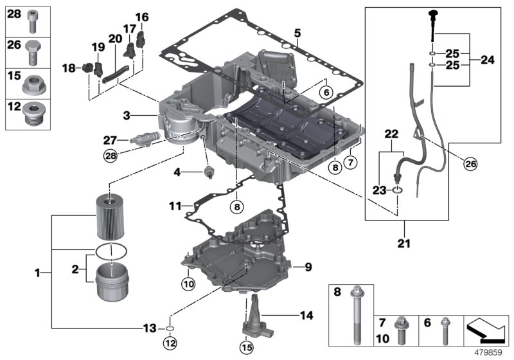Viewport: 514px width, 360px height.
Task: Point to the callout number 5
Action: pyautogui.click(x=297, y=32)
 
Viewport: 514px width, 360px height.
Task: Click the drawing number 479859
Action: pyautogui.click(x=491, y=352)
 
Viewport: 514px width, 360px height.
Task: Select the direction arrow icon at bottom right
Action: pyautogui.click(x=486, y=328)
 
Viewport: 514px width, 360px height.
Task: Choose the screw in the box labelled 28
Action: pyautogui.click(x=32, y=23)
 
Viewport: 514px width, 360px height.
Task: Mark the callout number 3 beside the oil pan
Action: pyautogui.click(x=127, y=116)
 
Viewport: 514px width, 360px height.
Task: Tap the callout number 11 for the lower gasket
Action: pyautogui.click(x=174, y=206)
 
